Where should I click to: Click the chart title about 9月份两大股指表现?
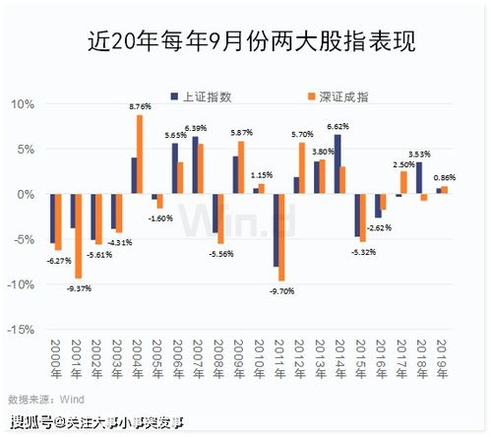point(246,42)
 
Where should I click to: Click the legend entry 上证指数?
point(201,97)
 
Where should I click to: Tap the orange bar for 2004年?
point(140,155)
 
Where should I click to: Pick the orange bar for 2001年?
point(79,236)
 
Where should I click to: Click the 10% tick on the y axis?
point(24,103)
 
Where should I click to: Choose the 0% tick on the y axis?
point(28,194)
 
